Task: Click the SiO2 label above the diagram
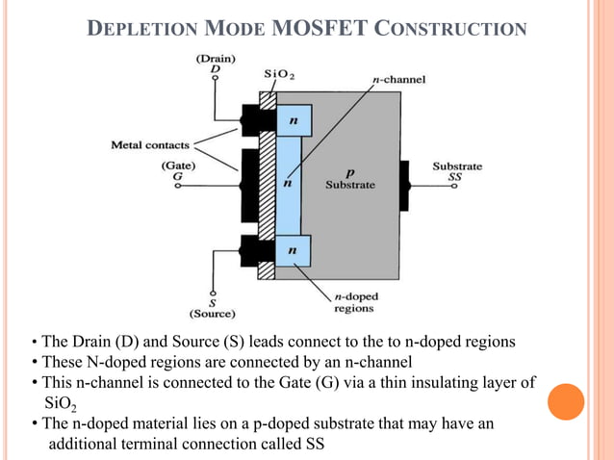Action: (279, 74)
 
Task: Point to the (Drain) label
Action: (216, 58)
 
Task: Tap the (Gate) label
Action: (178, 166)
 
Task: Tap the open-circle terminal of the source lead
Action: (213, 292)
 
